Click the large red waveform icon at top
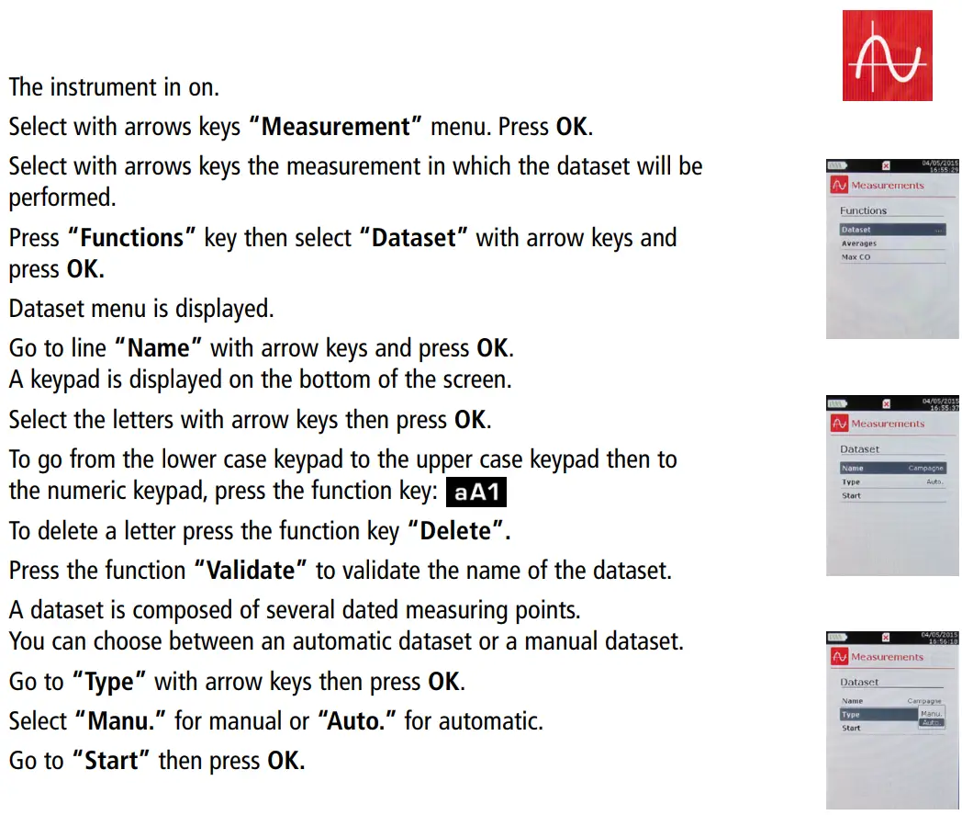coord(887,56)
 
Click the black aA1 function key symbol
coord(476,492)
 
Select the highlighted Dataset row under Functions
coord(891,230)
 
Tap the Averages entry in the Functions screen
coord(859,243)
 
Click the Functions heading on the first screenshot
coord(863,210)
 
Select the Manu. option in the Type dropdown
coord(931,713)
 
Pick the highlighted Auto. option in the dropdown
coord(931,723)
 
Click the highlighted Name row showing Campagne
coord(891,468)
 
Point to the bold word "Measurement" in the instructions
coord(334,126)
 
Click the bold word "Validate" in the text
coord(250,571)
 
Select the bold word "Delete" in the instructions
coord(457,530)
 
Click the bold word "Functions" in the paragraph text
coord(131,238)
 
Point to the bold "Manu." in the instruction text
coord(125,721)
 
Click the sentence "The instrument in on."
coord(114,87)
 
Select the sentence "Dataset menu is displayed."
coord(141,308)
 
